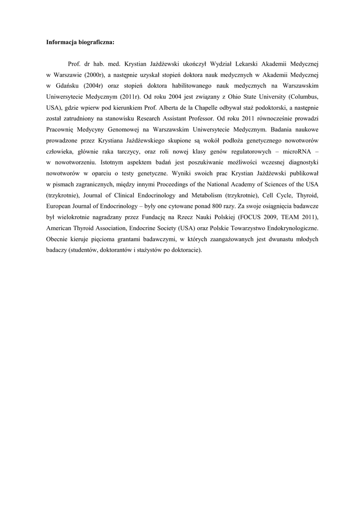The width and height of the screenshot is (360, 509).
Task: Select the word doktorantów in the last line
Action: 116,250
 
